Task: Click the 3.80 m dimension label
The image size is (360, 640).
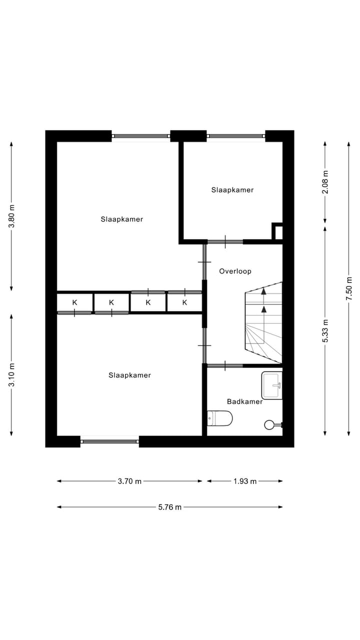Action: click(11, 216)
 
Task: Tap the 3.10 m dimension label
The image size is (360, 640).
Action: click(11, 374)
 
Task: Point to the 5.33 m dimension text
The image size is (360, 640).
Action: click(325, 331)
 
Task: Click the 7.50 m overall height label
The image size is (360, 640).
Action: click(349, 288)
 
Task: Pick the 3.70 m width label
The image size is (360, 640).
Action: click(129, 481)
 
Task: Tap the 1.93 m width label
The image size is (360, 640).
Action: click(245, 481)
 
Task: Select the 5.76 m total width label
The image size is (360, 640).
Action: click(170, 507)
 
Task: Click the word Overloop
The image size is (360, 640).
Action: click(235, 271)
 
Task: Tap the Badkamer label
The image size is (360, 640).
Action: click(244, 401)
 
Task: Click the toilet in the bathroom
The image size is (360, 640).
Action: click(220, 418)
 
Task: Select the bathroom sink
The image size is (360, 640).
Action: click(272, 385)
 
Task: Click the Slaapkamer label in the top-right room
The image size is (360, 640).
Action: click(232, 190)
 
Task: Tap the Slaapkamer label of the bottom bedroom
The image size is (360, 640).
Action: click(129, 375)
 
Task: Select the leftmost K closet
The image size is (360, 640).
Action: click(74, 302)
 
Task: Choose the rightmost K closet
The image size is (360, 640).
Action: click(184, 302)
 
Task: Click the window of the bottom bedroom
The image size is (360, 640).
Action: click(109, 441)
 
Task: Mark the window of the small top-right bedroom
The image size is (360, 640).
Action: click(235, 135)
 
